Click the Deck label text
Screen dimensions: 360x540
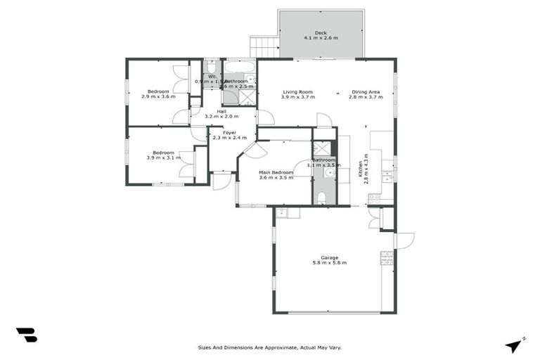[321, 32]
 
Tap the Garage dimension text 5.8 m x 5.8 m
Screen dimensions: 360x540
[330, 263]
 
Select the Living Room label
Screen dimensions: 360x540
[297, 92]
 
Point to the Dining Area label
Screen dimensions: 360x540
[366, 92]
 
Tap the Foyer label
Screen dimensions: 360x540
[229, 132]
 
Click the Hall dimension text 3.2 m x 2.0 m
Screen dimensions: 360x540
[221, 117]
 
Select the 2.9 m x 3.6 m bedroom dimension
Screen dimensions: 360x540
[157, 96]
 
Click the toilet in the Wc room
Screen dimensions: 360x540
[210, 68]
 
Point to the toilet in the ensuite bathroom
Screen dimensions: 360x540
[321, 198]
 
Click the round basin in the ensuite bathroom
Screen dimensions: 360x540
[328, 171]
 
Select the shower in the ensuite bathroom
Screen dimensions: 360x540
[321, 148]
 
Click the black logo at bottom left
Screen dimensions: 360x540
[26, 335]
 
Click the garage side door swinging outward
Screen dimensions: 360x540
[403, 241]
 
